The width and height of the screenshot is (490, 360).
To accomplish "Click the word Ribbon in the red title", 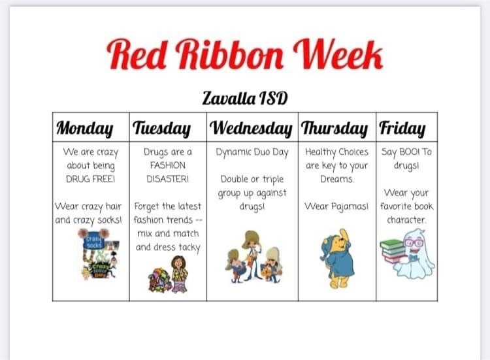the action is tap(230, 54).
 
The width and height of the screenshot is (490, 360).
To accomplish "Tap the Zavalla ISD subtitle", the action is tap(245, 98).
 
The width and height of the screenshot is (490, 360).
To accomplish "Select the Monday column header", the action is tap(85, 128).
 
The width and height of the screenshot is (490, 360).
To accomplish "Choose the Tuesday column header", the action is tap(162, 128).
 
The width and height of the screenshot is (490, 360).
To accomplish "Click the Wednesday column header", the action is tap(251, 128).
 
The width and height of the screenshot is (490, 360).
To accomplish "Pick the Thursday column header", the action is tap(335, 128).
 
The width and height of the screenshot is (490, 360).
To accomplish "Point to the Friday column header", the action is tap(402, 128).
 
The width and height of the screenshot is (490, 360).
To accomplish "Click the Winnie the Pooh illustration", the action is tap(337, 259).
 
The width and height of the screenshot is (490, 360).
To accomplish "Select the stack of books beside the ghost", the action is tap(392, 251).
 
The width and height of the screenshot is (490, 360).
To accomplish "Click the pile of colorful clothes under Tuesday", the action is tap(159, 280).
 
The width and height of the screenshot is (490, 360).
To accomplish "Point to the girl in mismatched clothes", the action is tap(180, 274).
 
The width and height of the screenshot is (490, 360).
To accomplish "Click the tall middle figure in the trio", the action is tap(252, 255).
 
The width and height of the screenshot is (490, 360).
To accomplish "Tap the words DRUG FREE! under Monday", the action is tap(91, 179).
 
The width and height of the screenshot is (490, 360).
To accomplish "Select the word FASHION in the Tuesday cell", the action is tap(168, 165).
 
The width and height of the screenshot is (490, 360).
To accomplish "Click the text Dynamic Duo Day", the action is tap(252, 152).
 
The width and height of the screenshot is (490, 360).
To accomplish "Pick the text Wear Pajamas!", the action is tap(336, 206).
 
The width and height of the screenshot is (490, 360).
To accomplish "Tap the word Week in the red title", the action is tap(338, 54).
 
